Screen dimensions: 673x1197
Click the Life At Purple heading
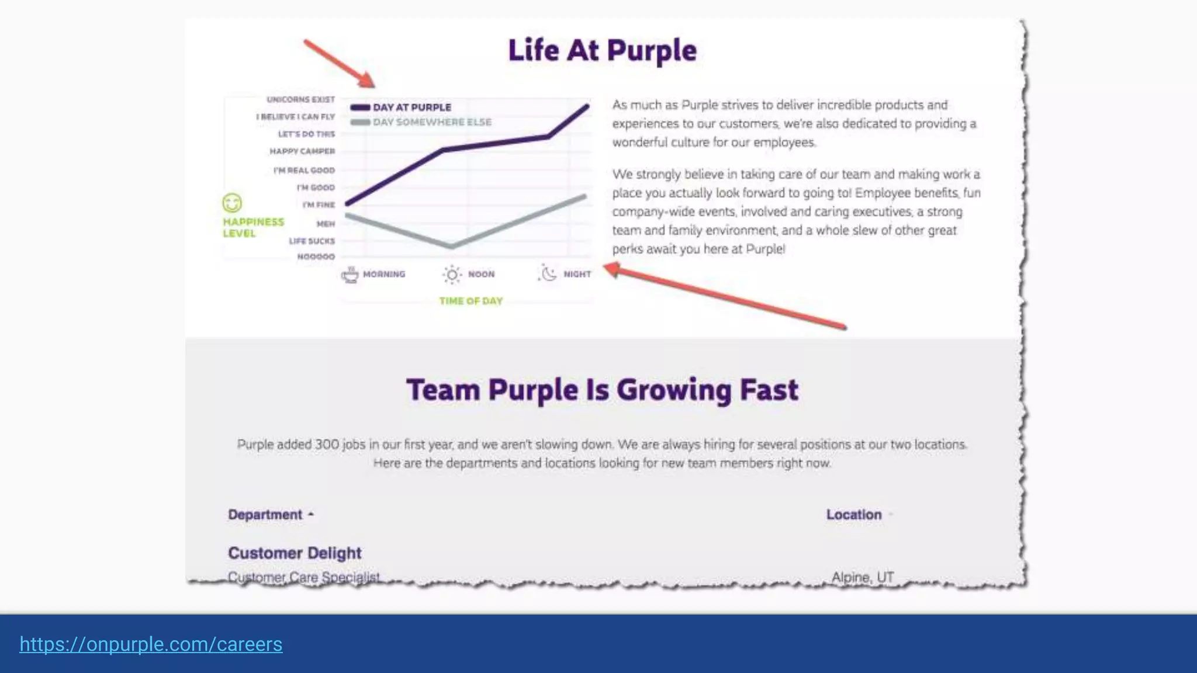pos(602,50)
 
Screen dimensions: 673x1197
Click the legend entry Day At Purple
pos(411,107)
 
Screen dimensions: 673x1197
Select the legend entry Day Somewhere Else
pos(431,122)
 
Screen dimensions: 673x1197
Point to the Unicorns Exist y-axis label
pos(300,99)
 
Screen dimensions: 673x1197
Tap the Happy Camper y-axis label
pos(302,151)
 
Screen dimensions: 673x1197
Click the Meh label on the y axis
pos(326,224)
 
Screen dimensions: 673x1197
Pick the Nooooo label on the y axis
pos(316,256)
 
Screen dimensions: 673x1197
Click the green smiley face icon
pos(232,203)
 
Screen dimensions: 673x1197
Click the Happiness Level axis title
pos(252,227)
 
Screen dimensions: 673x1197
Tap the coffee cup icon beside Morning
pos(350,274)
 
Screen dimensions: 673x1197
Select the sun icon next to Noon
pos(452,274)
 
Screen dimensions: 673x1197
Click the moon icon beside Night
pos(548,273)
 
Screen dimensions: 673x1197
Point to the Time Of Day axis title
pos(471,301)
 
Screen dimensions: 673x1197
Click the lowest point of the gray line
pos(451,247)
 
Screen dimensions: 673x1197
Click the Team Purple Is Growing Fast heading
pos(602,390)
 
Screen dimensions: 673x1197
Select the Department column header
pos(265,515)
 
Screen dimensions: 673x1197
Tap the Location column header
pos(853,515)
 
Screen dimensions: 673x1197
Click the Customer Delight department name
pos(295,553)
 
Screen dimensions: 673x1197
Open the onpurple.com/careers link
pos(151,644)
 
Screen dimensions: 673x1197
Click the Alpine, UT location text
pos(862,577)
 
